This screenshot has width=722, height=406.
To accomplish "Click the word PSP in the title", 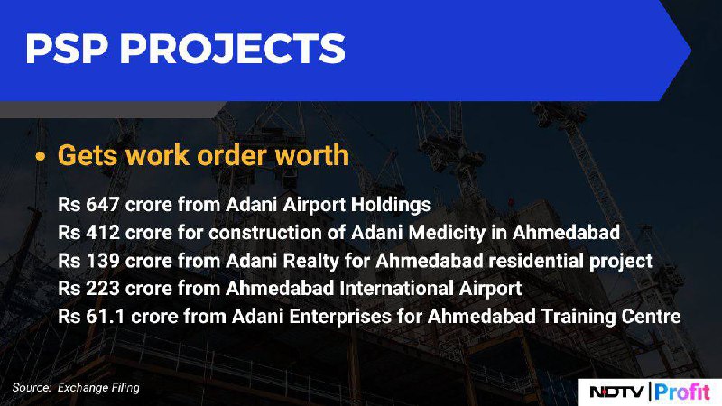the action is coord(66,49).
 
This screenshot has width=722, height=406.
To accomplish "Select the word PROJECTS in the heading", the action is coord(233,49).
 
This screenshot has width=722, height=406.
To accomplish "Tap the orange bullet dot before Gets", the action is coord(41,156).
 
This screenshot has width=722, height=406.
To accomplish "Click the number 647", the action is coord(103,205).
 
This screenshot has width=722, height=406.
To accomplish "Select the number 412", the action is coord(103,233).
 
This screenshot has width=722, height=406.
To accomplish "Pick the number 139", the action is coord(103,261).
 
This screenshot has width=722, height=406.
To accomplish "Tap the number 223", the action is coord(103,289).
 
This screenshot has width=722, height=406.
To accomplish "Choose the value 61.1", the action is coord(106,317).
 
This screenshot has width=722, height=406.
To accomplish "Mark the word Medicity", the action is coord(447,233).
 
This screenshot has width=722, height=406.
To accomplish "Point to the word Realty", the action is coord(310,262).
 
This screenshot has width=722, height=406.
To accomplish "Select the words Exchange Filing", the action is coord(98,388).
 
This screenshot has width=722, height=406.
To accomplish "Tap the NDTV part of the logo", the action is coord(616,392).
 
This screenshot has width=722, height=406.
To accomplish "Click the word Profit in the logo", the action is coord(682,392).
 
